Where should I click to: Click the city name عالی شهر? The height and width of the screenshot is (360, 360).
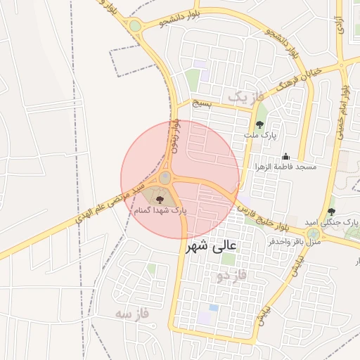click(214, 247)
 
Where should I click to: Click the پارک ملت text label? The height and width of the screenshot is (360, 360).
click(266, 134)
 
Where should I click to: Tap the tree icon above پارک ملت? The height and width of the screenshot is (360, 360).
click(259, 124)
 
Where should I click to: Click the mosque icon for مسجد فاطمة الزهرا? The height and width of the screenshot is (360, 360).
click(285, 157)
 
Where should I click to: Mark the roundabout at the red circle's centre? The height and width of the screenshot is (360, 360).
click(165, 178)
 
